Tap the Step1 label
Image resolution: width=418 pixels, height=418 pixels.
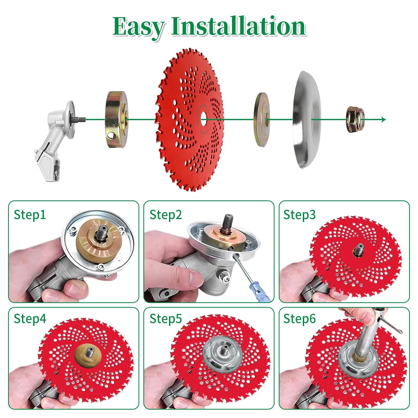[30, 215]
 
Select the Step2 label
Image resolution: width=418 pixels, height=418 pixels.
[166, 215]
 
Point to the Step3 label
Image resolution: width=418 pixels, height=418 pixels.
[299, 215]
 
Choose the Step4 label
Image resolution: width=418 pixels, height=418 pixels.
[30, 319]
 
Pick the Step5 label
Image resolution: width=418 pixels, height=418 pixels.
[166, 319]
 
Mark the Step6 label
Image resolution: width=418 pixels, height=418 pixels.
[299, 319]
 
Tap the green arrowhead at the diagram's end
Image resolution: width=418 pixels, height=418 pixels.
[384, 120]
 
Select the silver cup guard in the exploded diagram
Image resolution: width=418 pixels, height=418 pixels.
[307, 119]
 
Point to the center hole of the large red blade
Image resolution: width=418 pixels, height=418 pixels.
[203, 120]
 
